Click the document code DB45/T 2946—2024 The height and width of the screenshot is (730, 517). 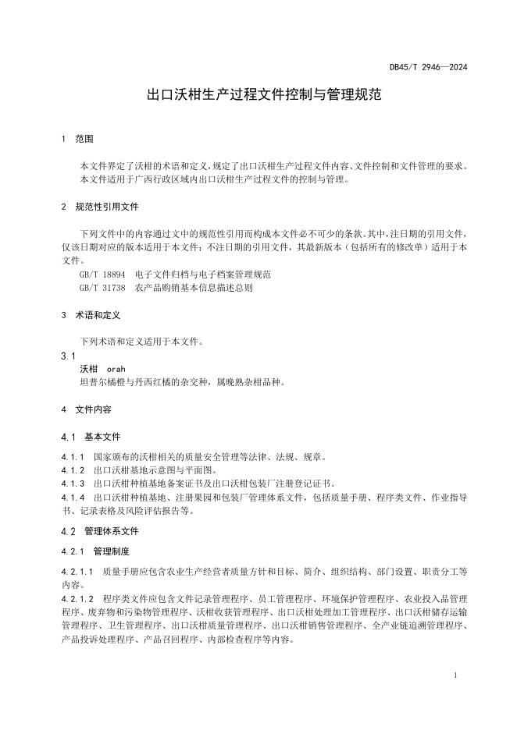point(429,68)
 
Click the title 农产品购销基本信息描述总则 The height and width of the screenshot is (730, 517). point(194,287)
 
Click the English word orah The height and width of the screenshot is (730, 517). point(116,369)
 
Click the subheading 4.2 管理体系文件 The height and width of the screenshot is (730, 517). point(99,531)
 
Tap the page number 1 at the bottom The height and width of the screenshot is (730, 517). point(455,675)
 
